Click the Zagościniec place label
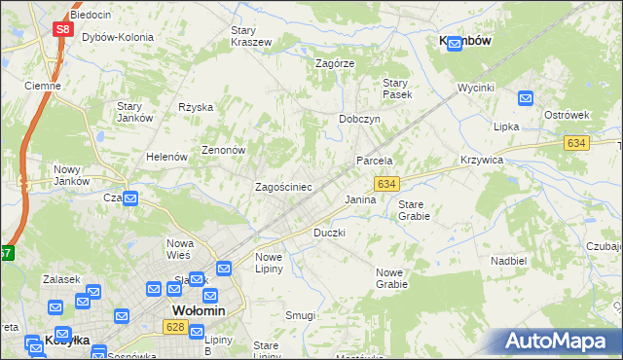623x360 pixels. tap(283, 186)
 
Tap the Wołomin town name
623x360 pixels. tap(199, 310)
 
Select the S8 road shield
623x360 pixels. tap(62, 29)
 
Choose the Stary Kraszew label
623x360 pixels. tap(250, 36)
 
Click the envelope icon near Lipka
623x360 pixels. tap(526, 98)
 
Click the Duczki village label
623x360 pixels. tap(329, 234)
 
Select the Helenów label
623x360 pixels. tap(165, 157)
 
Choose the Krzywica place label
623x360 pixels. tap(481, 160)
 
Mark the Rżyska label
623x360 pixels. tap(196, 108)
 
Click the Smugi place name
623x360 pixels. tap(301, 315)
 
